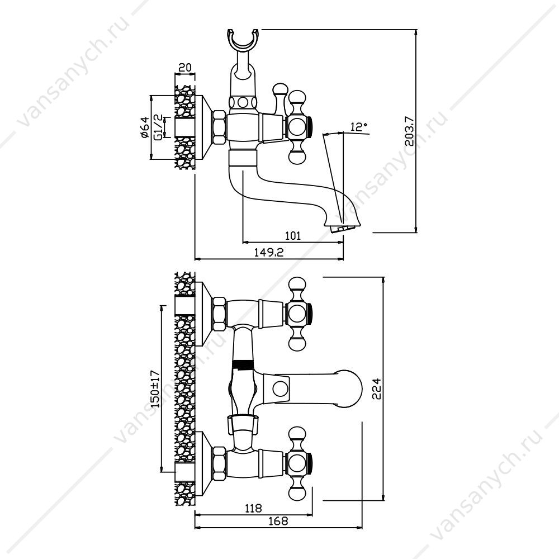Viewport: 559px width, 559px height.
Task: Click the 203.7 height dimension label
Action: pos(410,131)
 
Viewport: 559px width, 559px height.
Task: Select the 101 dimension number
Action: pos(293,236)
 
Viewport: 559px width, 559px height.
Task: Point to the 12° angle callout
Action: pos(359,126)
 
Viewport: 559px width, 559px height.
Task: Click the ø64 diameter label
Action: pos(144,127)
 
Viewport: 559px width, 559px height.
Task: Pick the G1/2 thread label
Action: pos(158,126)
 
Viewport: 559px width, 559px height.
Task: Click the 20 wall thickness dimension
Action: pos(184,68)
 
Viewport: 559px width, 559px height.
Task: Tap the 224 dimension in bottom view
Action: pos(376,389)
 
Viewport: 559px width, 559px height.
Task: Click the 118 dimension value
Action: pos(253,508)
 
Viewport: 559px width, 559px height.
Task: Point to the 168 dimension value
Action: pos(278,521)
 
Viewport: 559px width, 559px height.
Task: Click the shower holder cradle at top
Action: pos(243,39)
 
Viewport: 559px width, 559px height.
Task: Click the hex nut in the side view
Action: pos(219,127)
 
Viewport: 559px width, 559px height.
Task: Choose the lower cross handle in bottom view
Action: pos(299,463)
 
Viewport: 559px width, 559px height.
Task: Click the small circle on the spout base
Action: pos(281,389)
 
